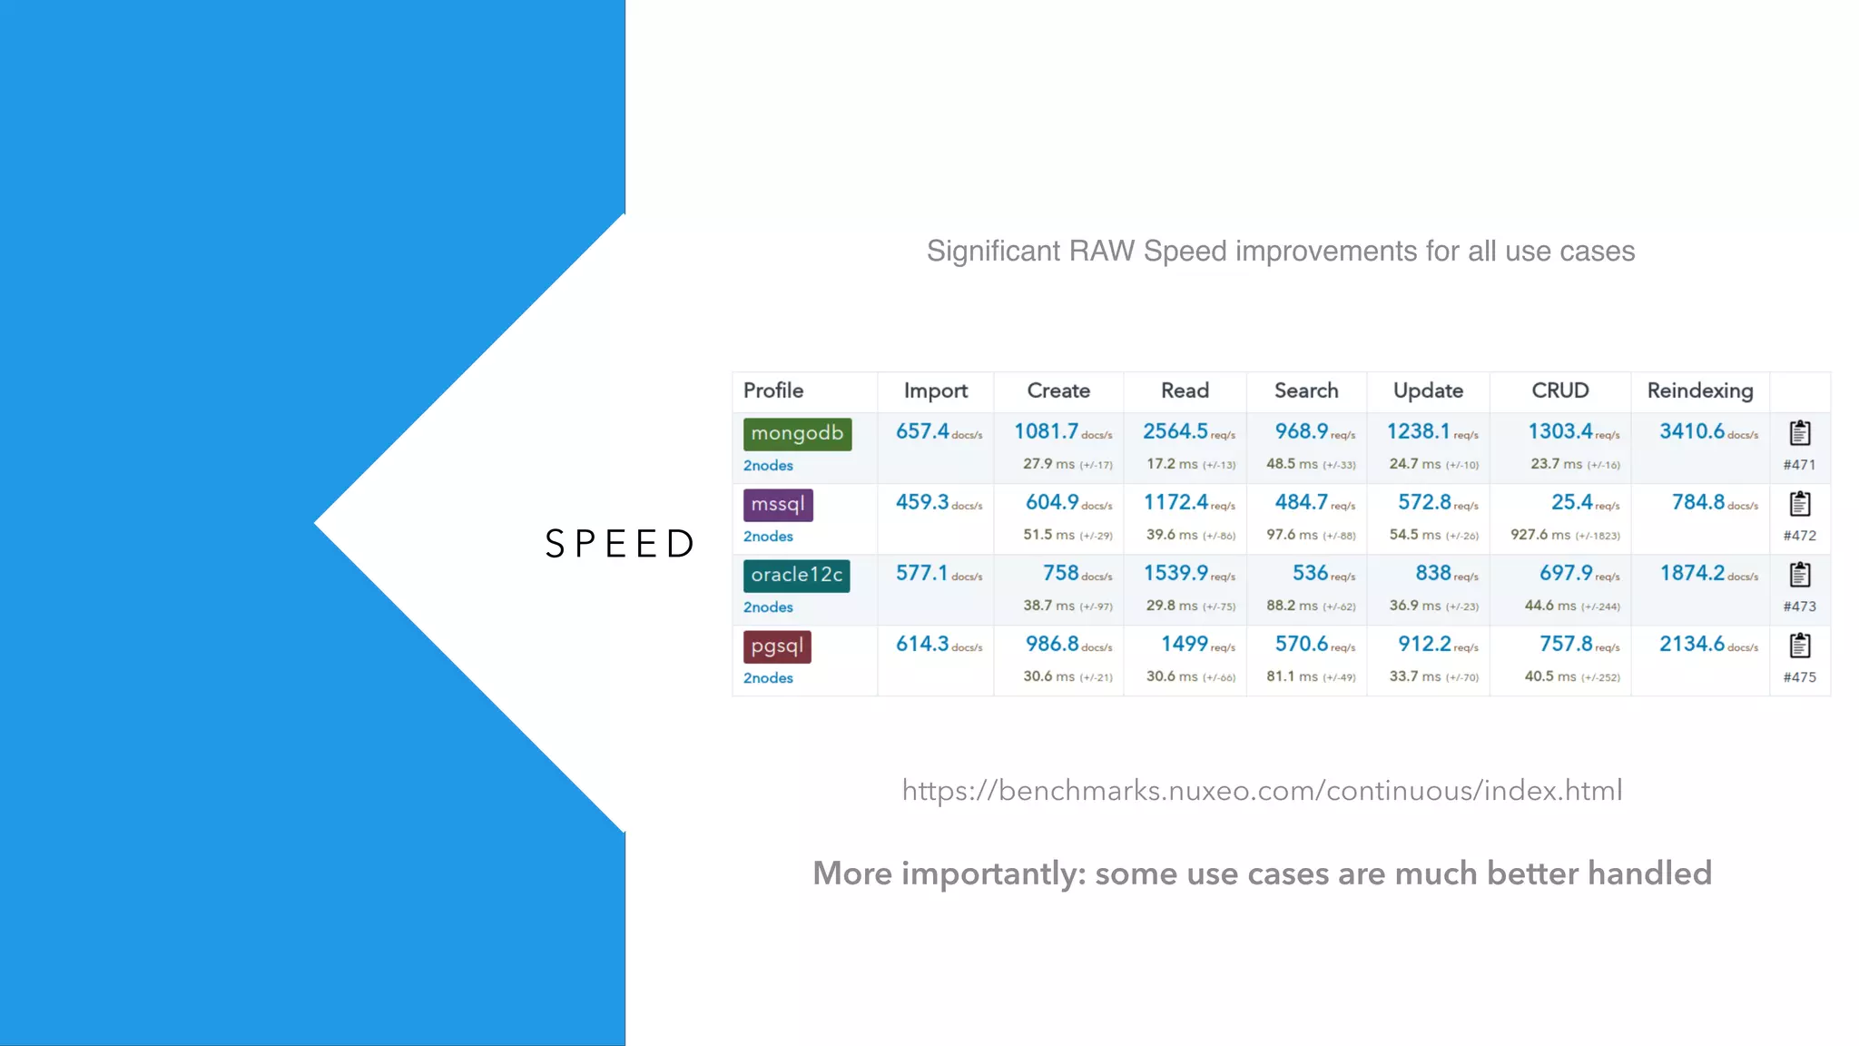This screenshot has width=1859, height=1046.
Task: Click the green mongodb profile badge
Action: pos(797,434)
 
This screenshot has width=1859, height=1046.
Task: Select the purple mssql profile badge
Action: pos(778,505)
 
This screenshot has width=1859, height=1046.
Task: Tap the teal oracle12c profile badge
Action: pos(796,576)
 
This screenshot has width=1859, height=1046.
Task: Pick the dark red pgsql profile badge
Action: pos(777,646)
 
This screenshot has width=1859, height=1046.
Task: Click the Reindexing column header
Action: pos(1699,391)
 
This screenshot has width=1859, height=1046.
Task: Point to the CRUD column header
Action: pos(1559,391)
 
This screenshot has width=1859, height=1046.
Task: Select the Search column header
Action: pos(1305,391)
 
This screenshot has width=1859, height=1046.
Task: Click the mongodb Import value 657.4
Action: pos(922,432)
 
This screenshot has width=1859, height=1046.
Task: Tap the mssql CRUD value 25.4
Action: pos(1571,503)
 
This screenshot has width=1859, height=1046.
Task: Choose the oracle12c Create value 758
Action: pos(1060,574)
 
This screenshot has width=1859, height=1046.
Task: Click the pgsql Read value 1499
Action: pos(1184,645)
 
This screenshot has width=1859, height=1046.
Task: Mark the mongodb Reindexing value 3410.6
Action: pos(1692,432)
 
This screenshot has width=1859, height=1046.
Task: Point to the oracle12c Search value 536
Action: pos(1310,574)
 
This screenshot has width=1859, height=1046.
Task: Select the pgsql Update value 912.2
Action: pos(1424,645)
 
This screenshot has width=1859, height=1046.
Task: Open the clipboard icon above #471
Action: pos(1799,433)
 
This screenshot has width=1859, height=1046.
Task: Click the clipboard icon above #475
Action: pos(1799,646)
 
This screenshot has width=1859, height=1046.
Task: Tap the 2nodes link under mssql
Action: pos(768,537)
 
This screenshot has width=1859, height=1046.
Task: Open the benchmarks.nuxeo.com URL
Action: pos(1262,791)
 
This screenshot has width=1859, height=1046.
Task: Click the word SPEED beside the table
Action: pos(620,545)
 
